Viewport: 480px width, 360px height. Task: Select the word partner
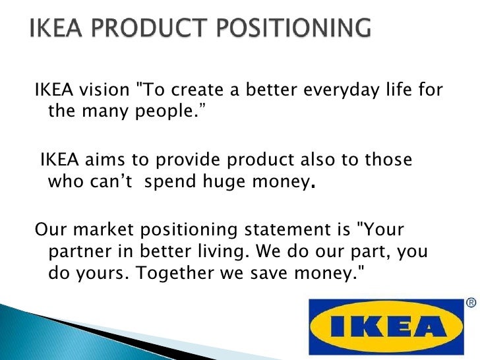click(x=75, y=253)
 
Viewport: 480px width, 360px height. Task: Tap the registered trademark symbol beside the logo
click(x=471, y=303)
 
